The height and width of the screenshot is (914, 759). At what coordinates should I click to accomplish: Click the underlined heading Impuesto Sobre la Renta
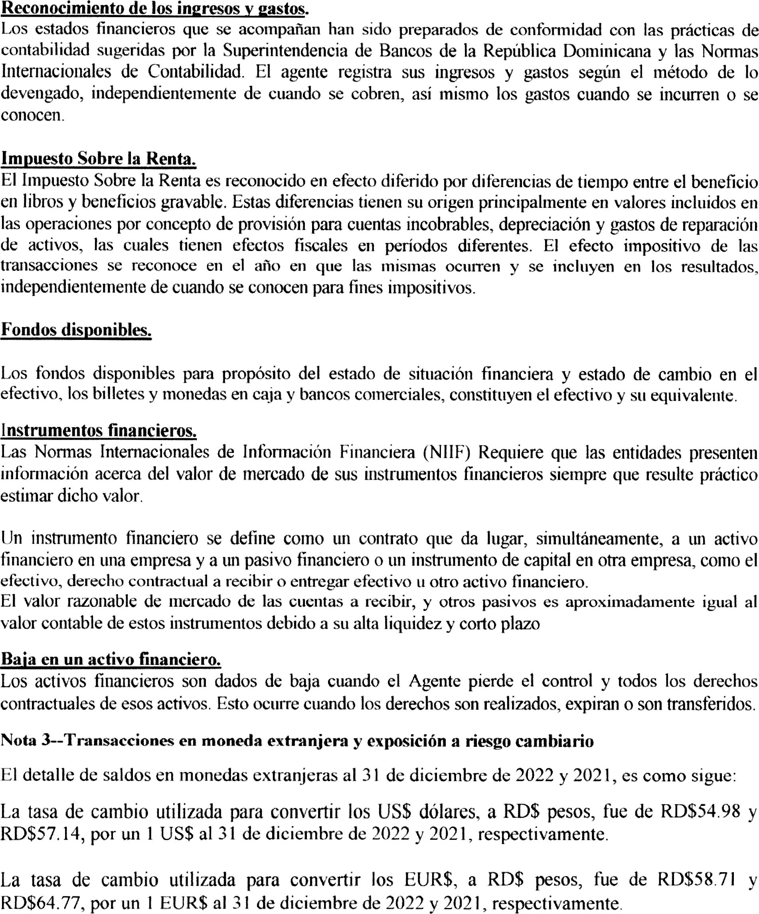tap(99, 159)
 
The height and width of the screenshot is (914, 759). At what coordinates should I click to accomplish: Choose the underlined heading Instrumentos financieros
tap(99, 431)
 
